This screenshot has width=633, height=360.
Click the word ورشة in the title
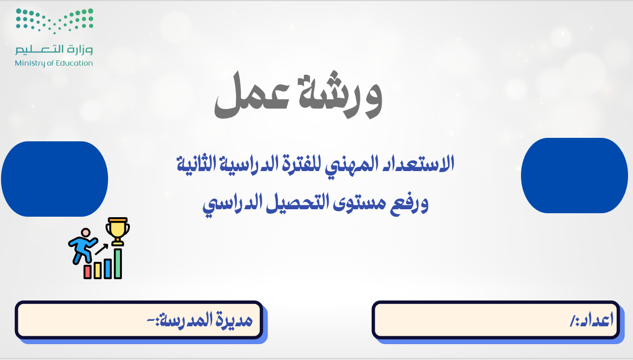341,95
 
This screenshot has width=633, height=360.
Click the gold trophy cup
118,231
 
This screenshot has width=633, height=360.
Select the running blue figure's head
85,233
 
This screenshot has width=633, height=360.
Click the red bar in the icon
87,272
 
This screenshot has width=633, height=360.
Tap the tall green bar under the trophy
118,264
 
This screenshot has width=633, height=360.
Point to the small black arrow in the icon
101,249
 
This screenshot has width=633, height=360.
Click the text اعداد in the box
591,320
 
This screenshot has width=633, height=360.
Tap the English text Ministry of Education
54,63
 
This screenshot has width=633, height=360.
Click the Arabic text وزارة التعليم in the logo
54,50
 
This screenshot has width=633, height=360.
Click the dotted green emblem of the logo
54,21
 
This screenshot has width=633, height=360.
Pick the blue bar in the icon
108,269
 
